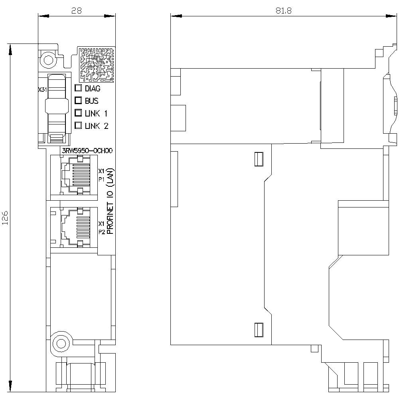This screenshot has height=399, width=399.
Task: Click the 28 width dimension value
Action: pos(76,11)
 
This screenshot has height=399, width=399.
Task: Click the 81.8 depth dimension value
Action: pos(283,11)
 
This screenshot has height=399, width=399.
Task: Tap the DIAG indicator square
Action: pos(78,88)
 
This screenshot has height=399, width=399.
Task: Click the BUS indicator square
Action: pos(78,101)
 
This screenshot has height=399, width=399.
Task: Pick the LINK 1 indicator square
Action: pos(78,113)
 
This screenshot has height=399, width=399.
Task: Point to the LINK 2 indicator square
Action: pos(78,125)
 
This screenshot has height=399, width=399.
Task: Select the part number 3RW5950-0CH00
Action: pos(87,150)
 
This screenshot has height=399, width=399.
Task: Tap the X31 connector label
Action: pos(42,90)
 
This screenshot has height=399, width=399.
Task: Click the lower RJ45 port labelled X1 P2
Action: pos(75,226)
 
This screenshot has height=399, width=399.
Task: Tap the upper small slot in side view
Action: pos(258,158)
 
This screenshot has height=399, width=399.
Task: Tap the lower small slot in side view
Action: pos(258,329)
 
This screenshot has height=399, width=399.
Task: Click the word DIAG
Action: pos(93,89)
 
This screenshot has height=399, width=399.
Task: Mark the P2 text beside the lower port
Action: pos(102,231)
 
